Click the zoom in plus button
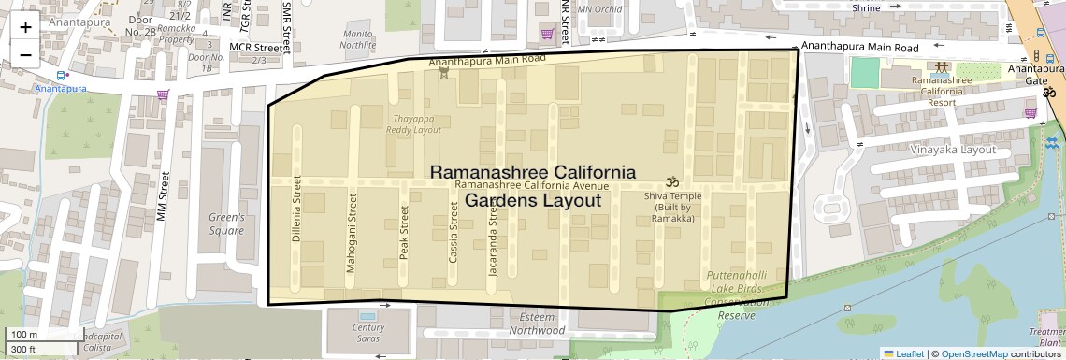tap(25, 26)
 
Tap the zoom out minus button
tap(25, 54)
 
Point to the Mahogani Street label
tap(352, 245)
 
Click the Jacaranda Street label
tap(495, 245)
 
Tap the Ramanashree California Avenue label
tap(531, 186)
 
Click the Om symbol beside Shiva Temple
tap(669, 181)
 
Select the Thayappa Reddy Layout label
tap(413, 123)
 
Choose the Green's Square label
tap(226, 223)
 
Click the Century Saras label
tap(368, 333)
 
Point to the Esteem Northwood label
tap(537, 324)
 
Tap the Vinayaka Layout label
tap(953, 149)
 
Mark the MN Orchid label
tap(600, 9)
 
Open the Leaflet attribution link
tap(903, 353)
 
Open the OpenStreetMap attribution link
tap(973, 353)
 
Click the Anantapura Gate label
tap(1035, 75)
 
